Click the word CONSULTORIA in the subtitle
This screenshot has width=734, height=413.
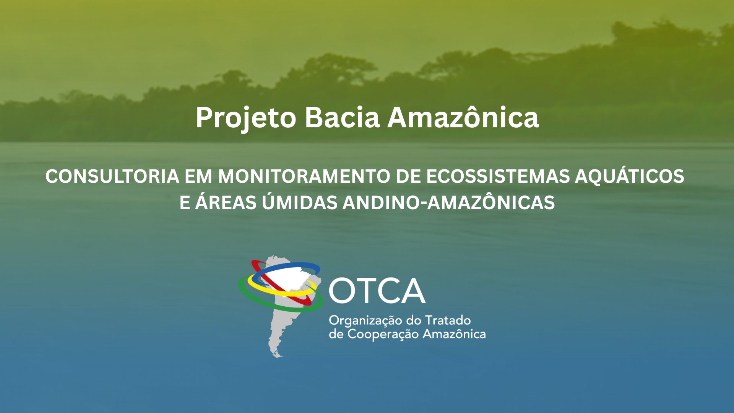112,176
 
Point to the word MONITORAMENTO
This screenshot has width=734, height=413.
303,176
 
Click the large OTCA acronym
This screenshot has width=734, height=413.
377,291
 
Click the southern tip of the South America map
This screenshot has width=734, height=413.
280,356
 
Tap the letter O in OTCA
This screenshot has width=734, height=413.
342,291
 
